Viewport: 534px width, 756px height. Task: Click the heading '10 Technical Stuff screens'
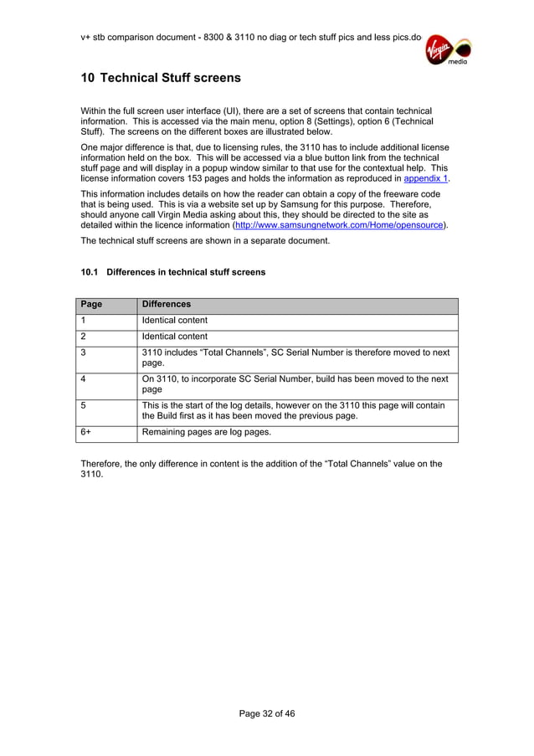click(160, 78)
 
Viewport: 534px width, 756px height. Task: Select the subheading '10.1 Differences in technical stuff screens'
click(172, 272)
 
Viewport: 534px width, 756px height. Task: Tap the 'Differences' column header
click(167, 305)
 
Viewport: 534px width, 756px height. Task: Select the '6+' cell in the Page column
click(108, 433)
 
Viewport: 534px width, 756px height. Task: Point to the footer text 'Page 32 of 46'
click(267, 714)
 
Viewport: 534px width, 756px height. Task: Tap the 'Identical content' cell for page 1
click(175, 321)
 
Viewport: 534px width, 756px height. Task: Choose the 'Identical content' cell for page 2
click(175, 337)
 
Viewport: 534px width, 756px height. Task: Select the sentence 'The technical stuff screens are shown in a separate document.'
click(205, 241)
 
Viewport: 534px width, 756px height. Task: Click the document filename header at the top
click(250, 38)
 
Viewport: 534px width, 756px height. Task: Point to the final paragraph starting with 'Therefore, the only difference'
click(261, 469)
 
